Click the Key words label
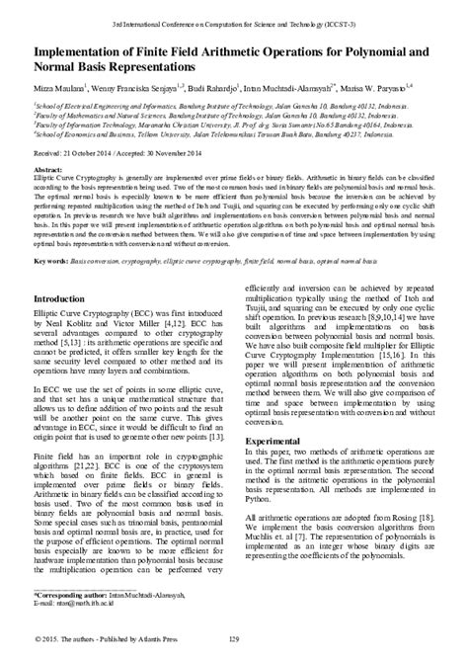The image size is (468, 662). click(48, 233)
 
